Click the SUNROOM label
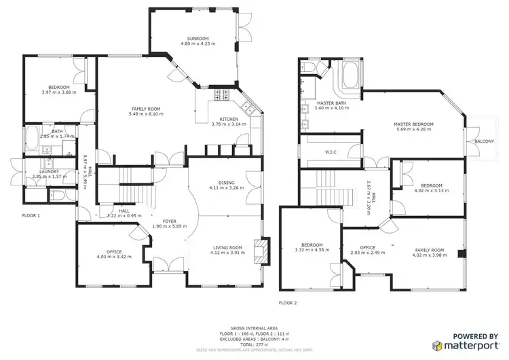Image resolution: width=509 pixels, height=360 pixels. pos(197,38)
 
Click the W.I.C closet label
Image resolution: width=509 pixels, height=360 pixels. pos(332,152)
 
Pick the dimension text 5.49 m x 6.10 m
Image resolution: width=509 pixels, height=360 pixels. pos(145,114)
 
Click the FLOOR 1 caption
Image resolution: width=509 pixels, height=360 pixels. pos(31,215)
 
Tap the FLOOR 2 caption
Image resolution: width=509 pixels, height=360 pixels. pos(288,302)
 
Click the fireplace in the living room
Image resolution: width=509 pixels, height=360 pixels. pos(260,250)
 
